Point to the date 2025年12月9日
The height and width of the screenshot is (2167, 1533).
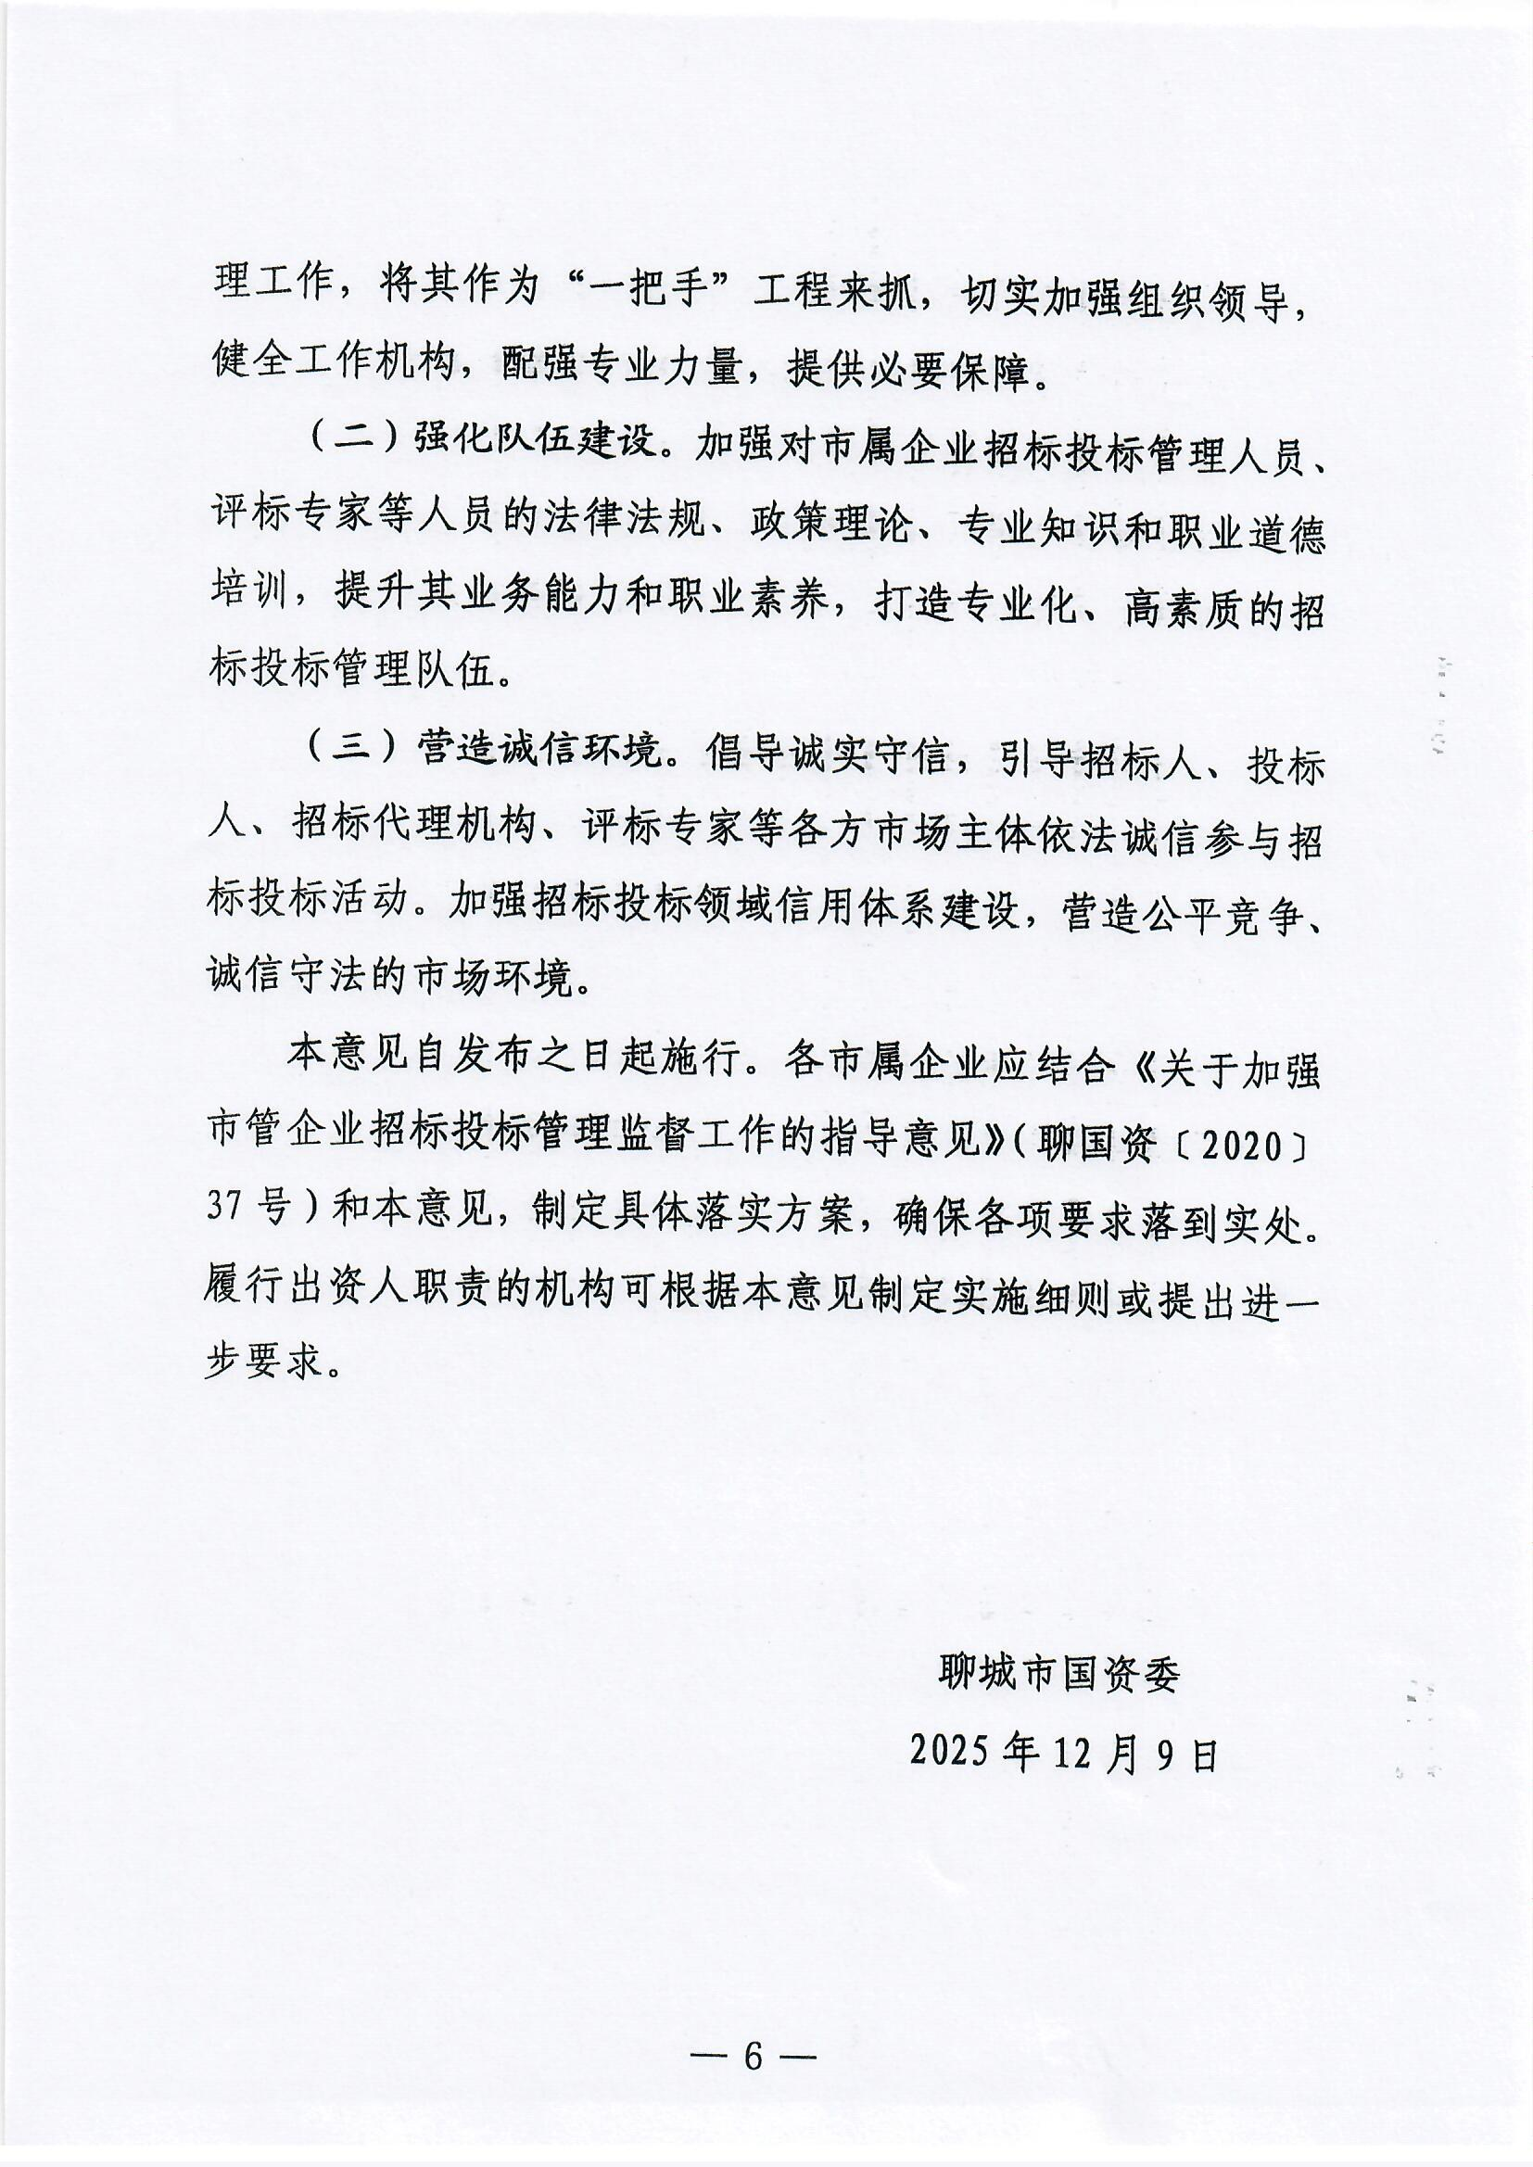click(x=1065, y=1752)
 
